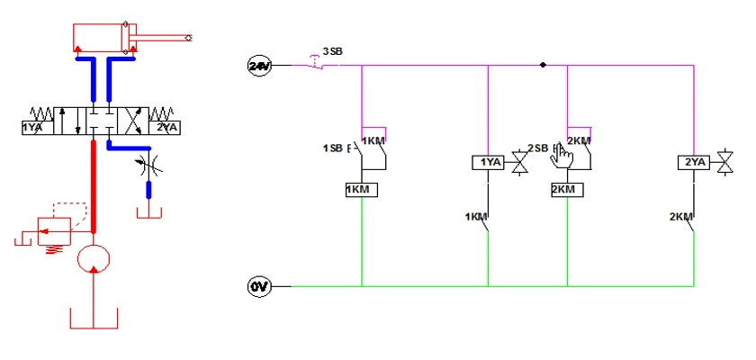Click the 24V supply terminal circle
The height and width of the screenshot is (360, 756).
[259, 66]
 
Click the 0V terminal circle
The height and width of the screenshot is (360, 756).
[259, 287]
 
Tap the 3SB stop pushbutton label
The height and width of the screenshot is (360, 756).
[333, 51]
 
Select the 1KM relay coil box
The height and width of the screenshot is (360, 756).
[362, 190]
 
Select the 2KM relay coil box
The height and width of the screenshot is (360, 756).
[567, 190]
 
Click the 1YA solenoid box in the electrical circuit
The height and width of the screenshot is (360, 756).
[488, 162]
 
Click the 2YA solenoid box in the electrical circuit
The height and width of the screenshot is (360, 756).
[694, 162]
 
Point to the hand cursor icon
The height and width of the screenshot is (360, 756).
[562, 157]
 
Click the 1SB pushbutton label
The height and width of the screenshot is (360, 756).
[333, 148]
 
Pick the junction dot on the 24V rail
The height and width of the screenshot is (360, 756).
[543, 65]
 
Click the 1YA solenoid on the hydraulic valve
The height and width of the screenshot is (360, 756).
[38, 128]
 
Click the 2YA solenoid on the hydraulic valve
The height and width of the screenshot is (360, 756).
[165, 128]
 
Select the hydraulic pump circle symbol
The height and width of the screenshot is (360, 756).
[94, 259]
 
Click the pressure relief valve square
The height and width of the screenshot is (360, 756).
[55, 231]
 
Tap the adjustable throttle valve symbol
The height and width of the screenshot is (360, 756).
[149, 165]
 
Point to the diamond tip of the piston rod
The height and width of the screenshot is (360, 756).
[188, 38]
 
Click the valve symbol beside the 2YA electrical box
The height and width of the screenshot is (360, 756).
[724, 162]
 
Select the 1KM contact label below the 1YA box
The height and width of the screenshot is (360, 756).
[476, 217]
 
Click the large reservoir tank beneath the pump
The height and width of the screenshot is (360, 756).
[94, 318]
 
